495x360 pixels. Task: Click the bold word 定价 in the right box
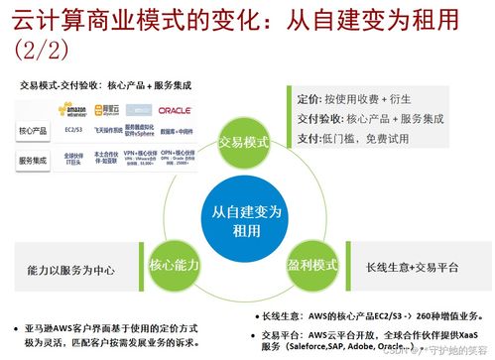click(x=308, y=100)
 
